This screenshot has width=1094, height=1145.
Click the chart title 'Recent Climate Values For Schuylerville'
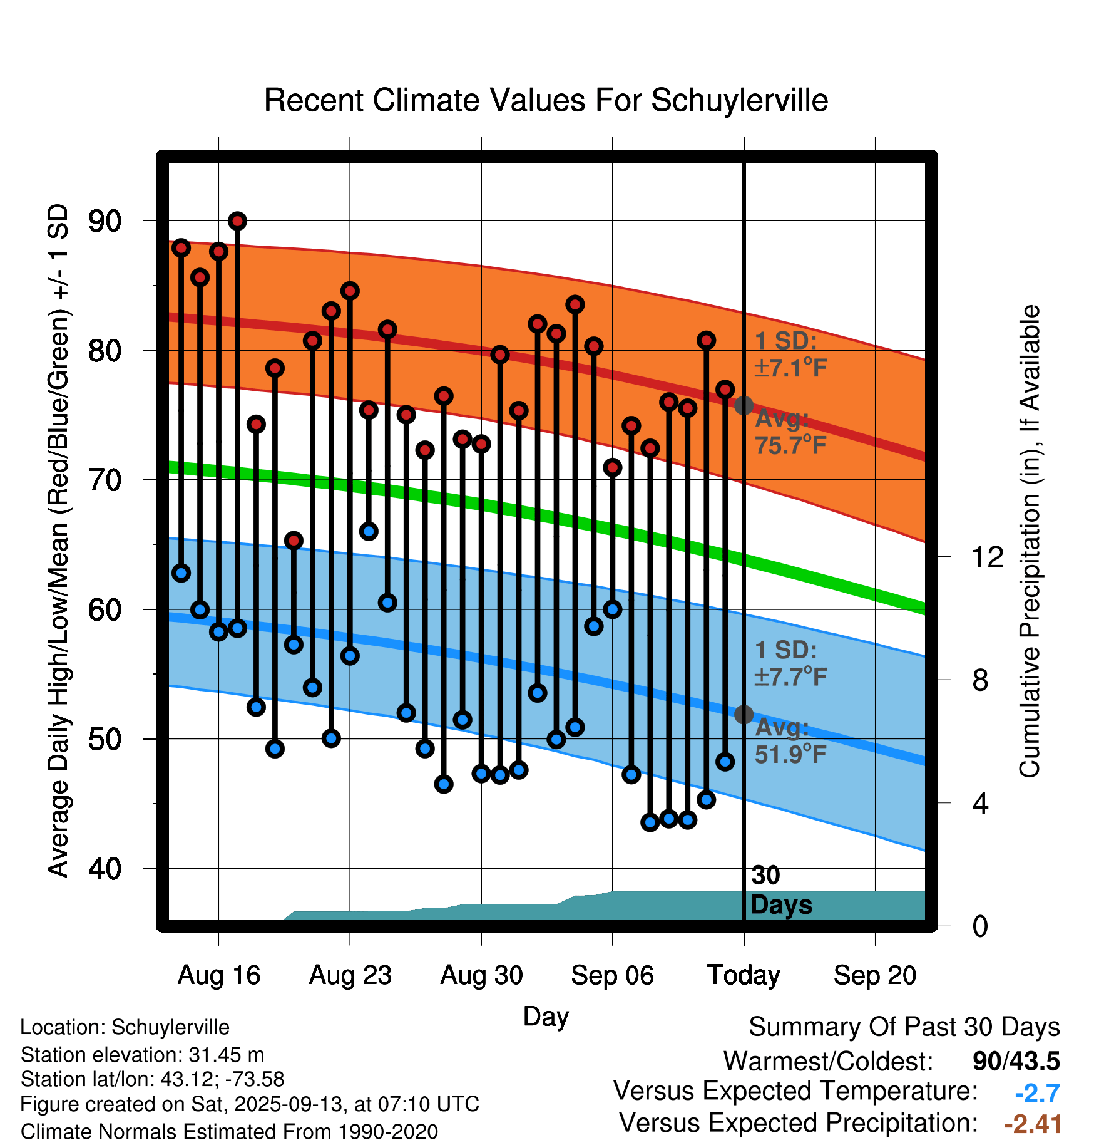546,100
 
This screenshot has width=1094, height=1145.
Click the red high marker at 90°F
237,220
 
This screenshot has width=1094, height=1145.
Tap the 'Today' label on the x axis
744,975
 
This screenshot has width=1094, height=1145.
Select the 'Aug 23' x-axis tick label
350,975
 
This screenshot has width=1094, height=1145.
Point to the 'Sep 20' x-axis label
874,975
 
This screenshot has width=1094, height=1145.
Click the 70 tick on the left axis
105,480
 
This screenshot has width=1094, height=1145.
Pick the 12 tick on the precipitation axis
987,557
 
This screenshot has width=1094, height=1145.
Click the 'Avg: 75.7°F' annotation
790,432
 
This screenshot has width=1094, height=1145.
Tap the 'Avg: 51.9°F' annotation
790,740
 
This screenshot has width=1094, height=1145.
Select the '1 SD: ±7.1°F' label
790,355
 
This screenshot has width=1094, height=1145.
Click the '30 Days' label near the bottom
780,890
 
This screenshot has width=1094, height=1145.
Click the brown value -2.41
1033,1124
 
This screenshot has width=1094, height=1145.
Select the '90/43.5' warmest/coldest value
1016,1062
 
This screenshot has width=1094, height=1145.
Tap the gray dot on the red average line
744,405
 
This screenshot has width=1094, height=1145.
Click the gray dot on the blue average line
744,714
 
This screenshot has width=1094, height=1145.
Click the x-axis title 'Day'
546,1017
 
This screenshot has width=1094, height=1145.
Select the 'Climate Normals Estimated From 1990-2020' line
229,1132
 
